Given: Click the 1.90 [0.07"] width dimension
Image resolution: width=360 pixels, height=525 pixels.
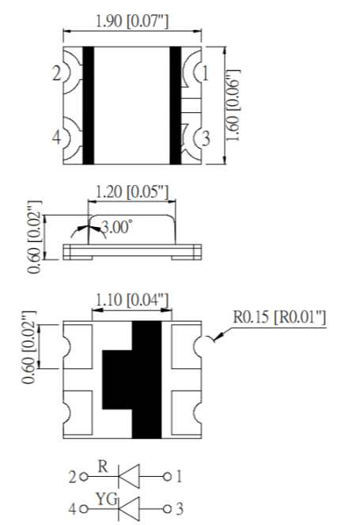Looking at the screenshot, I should point(131,21).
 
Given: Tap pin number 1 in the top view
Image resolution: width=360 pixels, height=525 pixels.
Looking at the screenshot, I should point(205,75).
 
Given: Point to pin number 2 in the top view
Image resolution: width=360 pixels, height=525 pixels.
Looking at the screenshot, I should point(56,75).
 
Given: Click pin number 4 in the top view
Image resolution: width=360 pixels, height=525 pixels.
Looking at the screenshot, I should point(56,138).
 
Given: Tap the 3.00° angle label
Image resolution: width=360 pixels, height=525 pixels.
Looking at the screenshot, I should point(117,228).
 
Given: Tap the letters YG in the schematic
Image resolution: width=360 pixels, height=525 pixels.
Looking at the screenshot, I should point(103,500).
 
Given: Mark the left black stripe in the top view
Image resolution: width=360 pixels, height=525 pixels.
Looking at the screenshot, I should point(89,104).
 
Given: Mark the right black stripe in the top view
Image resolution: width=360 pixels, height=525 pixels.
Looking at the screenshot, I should point(176,104).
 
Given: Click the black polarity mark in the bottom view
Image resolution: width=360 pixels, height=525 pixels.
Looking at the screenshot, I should point(135,380).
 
